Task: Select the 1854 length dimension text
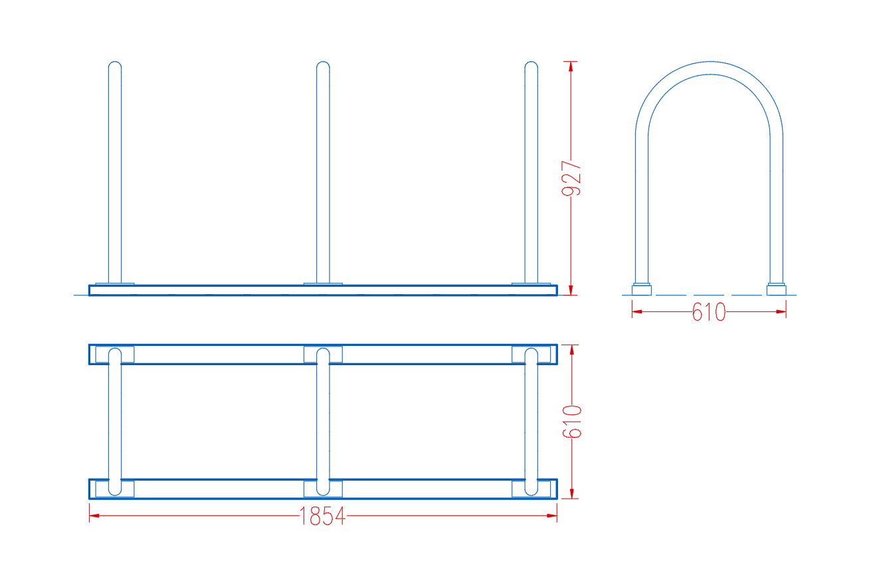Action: pos(322,516)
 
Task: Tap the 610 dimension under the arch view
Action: pos(709,312)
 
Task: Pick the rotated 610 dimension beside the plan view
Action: pos(572,422)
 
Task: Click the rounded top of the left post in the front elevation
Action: pos(115,64)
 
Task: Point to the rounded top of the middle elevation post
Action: pos(323,64)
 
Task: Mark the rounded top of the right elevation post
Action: pos(532,64)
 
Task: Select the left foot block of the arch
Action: pos(642,289)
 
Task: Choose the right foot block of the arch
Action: pos(777,289)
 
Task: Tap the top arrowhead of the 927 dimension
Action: pos(571,66)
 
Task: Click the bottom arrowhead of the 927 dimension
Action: pos(571,290)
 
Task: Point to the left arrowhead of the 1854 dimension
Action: pos(94,516)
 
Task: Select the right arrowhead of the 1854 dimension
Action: pos(552,516)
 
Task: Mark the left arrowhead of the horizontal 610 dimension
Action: pos(637,311)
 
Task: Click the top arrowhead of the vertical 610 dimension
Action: pos(572,350)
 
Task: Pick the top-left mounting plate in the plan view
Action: pos(115,355)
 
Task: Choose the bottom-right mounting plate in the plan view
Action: pos(532,489)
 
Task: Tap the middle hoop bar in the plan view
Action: pos(323,422)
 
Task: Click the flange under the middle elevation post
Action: pos(323,284)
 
